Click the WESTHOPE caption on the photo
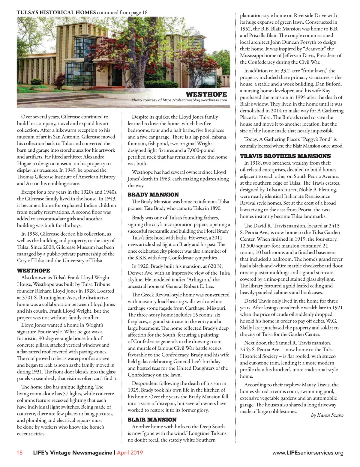coord(206,94)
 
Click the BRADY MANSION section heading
coord(153,195)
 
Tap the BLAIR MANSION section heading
coord(152,420)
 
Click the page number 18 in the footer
coord(19,453)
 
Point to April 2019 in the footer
coord(130,453)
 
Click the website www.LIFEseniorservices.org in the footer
coord(308,453)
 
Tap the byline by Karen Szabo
coord(327,415)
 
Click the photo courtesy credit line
coord(179,100)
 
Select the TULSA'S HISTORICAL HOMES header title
coord(56,13)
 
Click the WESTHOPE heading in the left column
coord(33,271)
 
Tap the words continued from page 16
coord(122,13)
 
